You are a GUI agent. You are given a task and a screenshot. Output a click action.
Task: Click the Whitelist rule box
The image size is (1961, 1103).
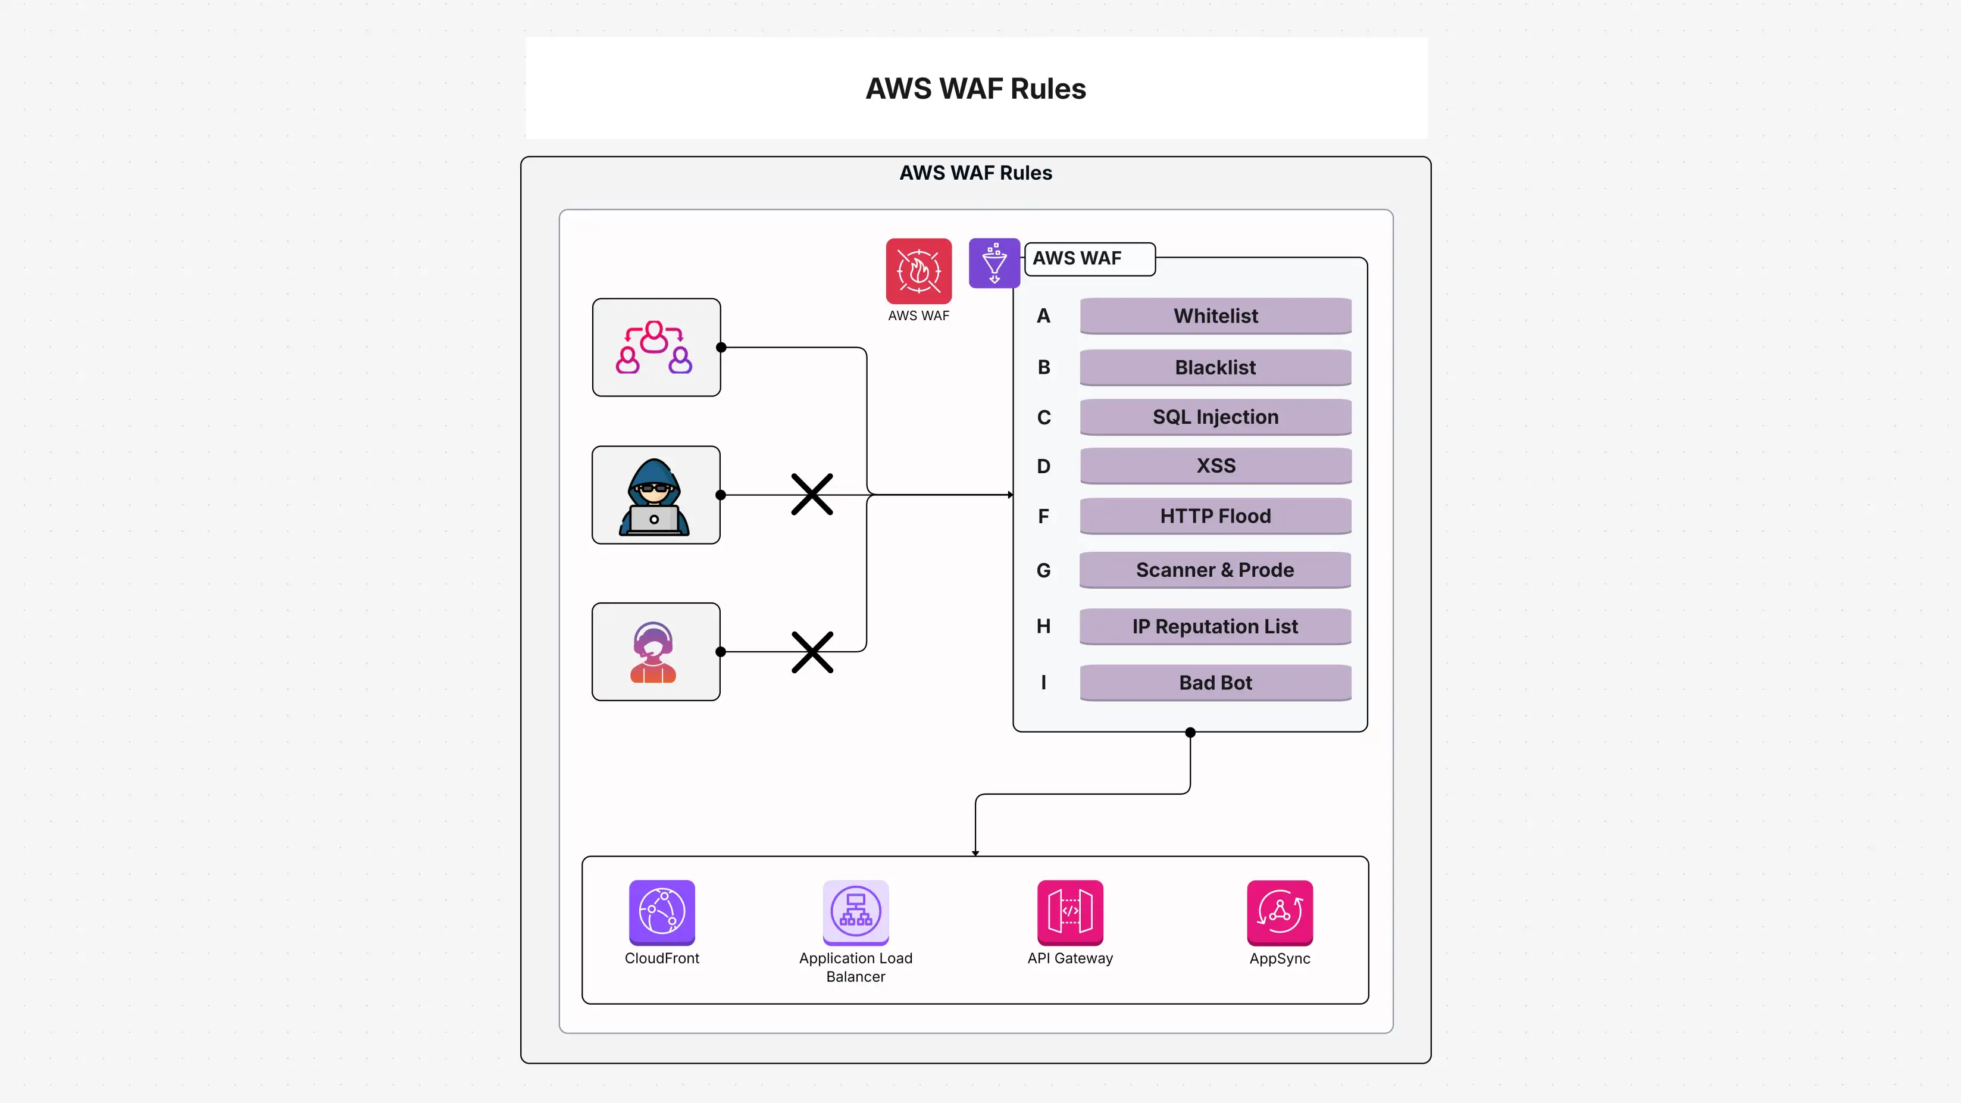pyautogui.click(x=1215, y=316)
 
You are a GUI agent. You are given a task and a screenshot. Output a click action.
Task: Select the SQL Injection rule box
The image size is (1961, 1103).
pyautogui.click(x=1215, y=417)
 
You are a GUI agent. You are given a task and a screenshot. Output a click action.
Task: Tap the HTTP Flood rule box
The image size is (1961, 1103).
pyautogui.click(x=1215, y=516)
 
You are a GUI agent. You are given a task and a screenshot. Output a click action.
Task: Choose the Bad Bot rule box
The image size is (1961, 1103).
pyautogui.click(x=1215, y=683)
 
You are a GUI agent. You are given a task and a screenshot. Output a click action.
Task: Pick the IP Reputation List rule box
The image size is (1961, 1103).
pyautogui.click(x=1215, y=626)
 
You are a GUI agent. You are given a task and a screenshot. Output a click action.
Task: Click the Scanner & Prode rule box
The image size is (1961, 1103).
pyautogui.click(x=1215, y=570)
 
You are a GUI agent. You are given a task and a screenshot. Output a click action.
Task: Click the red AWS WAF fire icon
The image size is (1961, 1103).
pyautogui.click(x=918, y=271)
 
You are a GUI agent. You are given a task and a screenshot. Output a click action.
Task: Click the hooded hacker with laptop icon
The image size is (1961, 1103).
pyautogui.click(x=655, y=496)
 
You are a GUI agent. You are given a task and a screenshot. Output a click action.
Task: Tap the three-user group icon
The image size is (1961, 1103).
pyautogui.click(x=655, y=347)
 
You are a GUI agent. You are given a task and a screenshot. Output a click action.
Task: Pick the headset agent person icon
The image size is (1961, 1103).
pyautogui.click(x=653, y=652)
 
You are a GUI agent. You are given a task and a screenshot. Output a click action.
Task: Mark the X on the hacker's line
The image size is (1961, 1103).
pyautogui.click(x=812, y=495)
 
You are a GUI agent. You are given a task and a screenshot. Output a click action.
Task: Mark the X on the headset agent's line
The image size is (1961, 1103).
pyautogui.click(x=812, y=652)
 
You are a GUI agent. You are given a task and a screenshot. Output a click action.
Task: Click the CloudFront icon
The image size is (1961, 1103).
pyautogui.click(x=662, y=912)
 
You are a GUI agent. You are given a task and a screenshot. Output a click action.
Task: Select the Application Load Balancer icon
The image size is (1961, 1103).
pyautogui.click(x=856, y=912)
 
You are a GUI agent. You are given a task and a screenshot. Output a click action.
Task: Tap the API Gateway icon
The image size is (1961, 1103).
pyautogui.click(x=1069, y=912)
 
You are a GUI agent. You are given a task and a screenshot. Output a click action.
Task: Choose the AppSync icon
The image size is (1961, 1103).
pyautogui.click(x=1280, y=912)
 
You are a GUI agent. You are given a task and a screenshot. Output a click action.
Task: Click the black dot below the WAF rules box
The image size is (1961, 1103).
pyautogui.click(x=1190, y=732)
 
